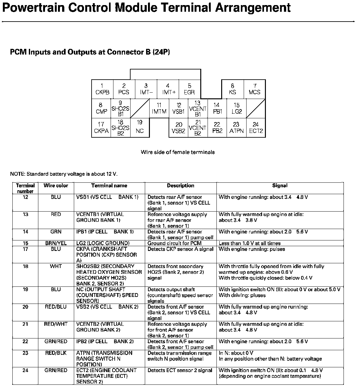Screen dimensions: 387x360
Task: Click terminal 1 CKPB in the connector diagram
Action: (102, 89)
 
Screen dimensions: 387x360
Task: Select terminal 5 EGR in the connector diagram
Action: (189, 89)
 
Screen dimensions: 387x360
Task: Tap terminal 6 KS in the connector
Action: (232, 89)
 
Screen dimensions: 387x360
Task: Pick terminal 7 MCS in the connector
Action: (254, 89)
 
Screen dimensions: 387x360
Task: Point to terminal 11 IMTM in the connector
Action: (159, 108)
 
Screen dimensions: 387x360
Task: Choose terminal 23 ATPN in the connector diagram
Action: (236, 128)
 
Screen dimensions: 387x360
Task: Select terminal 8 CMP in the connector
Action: (101, 108)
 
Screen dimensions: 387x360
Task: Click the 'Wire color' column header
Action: (56, 186)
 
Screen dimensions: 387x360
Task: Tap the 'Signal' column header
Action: (280, 186)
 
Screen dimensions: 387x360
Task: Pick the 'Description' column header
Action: (181, 186)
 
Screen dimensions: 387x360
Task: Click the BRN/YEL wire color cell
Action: (56, 243)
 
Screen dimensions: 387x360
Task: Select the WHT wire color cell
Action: (56, 266)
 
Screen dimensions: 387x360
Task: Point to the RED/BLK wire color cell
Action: (56, 353)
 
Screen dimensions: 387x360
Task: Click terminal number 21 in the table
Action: (25, 324)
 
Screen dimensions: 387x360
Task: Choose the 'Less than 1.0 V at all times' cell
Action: (249, 243)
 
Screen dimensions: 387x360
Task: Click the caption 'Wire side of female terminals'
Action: (178, 152)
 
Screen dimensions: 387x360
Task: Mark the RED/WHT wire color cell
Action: (56, 324)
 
